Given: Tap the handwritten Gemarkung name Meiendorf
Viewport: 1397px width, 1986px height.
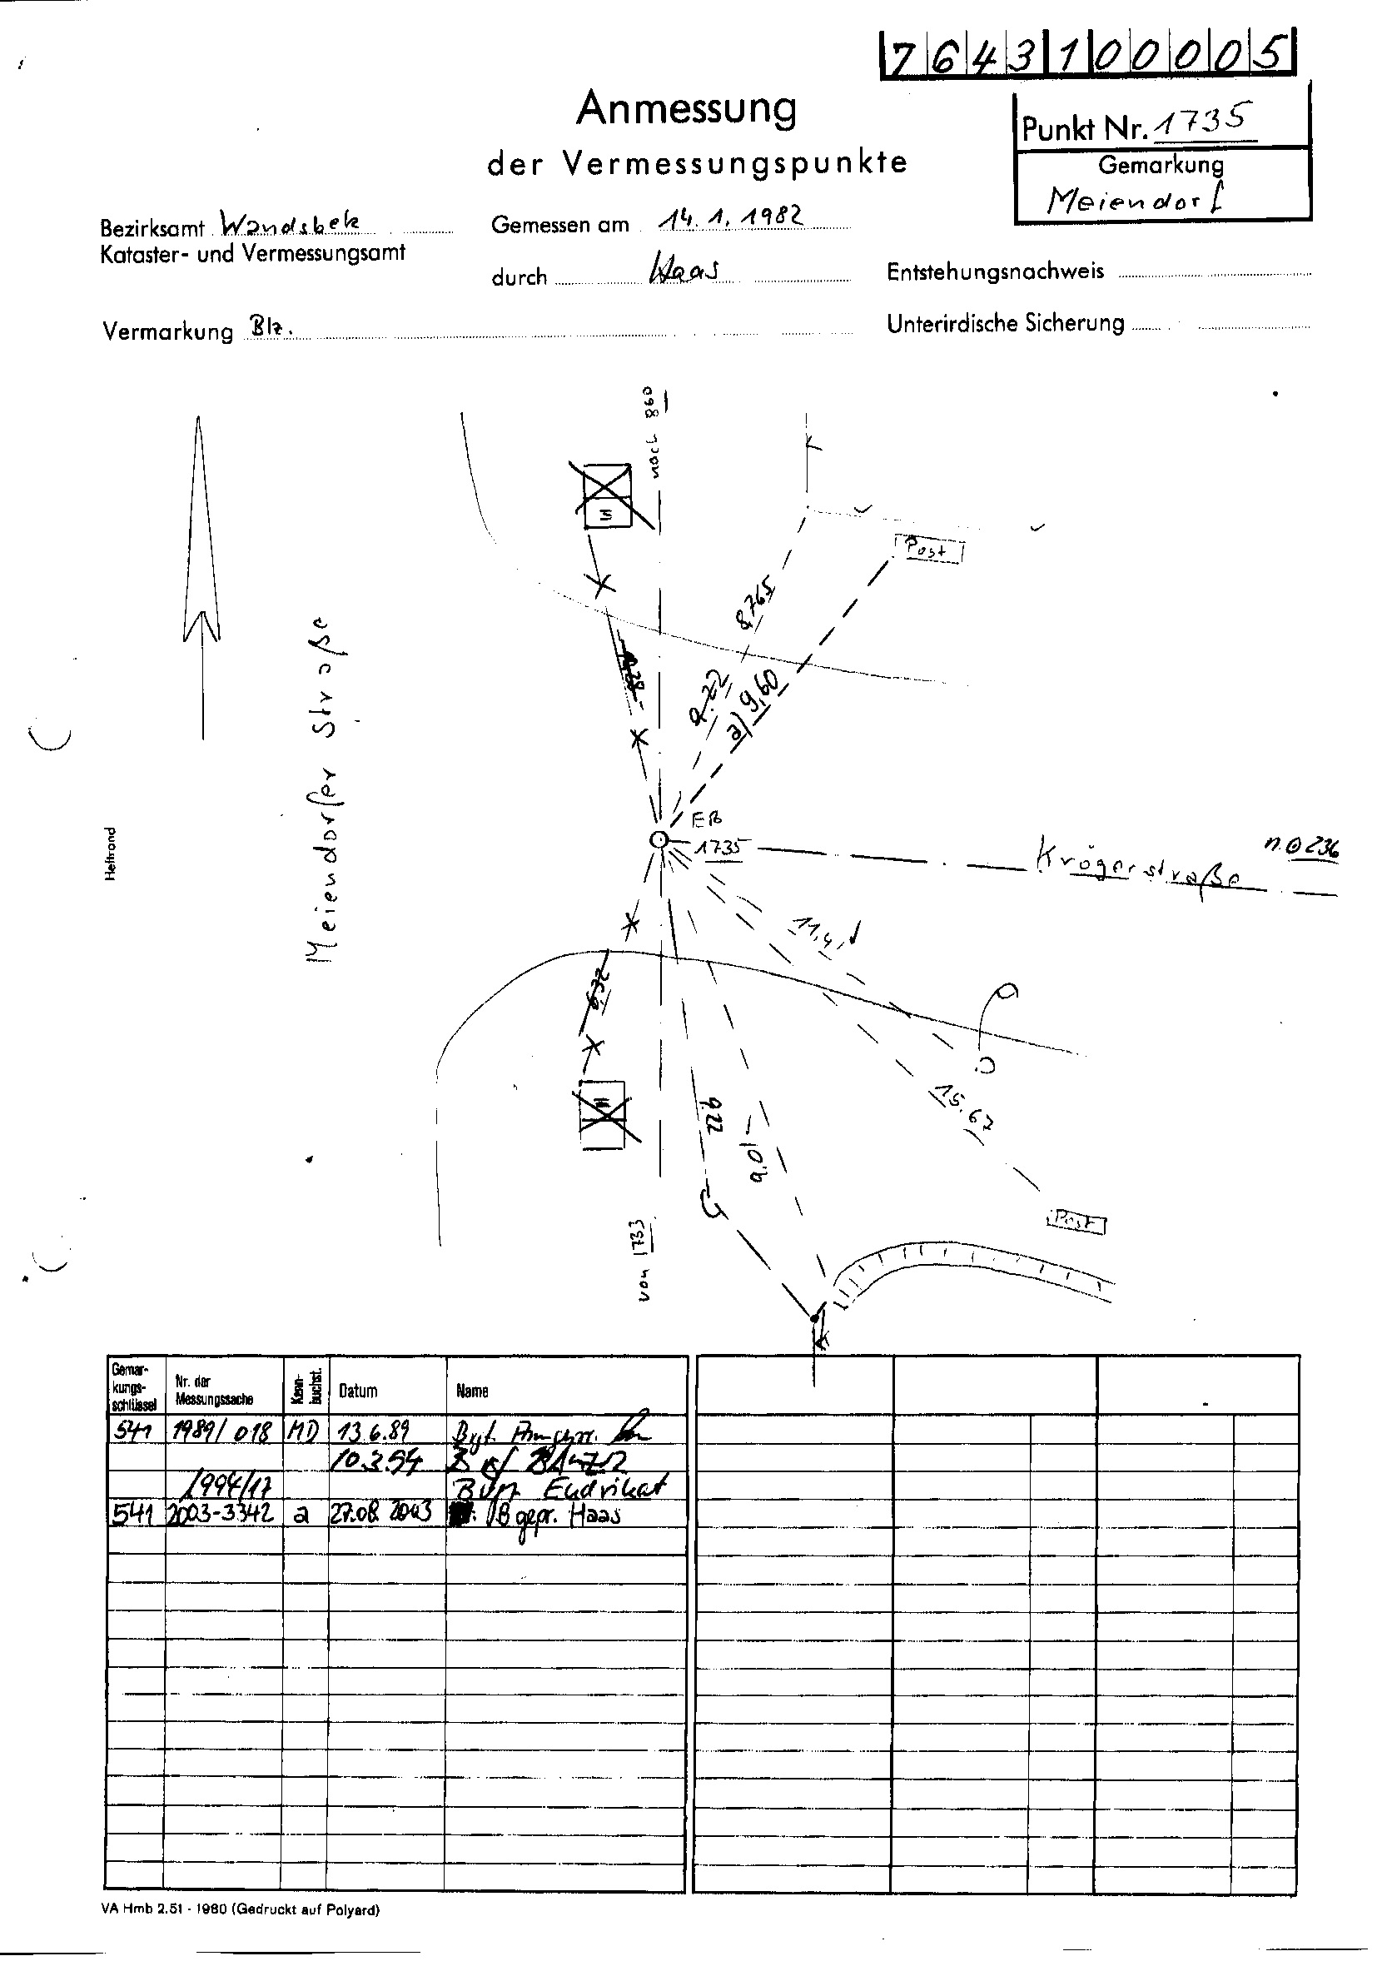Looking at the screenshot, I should pos(1136,200).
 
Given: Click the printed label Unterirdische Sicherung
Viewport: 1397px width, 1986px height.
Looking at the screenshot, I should pos(1005,323).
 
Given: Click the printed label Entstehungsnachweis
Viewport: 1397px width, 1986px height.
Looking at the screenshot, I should pos(995,271).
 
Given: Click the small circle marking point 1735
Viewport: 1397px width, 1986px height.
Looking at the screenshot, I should pos(659,839).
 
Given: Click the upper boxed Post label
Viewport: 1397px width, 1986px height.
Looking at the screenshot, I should pos(928,549).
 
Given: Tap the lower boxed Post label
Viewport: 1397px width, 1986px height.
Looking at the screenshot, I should pos(1077,1222).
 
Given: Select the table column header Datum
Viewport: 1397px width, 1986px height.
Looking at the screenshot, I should pos(358,1391).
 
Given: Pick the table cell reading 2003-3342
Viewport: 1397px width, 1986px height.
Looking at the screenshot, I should pos(224,1514).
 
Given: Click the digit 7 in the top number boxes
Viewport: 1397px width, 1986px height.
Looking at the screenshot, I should pos(901,59).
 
